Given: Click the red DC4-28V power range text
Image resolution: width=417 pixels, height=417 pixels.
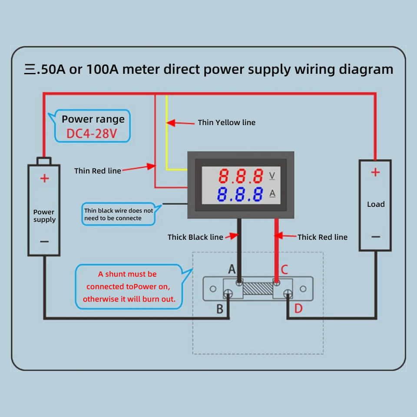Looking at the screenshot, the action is [x=92, y=133].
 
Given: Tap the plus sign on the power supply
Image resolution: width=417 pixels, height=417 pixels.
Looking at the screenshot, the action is [x=44, y=178].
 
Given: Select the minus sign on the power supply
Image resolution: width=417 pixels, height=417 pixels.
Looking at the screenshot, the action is [x=44, y=242].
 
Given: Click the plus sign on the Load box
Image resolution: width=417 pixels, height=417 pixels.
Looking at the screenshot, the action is [x=375, y=172].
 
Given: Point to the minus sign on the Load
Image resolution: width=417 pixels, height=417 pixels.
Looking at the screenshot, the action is [x=375, y=237].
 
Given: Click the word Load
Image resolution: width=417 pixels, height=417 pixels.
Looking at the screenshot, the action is [x=376, y=204].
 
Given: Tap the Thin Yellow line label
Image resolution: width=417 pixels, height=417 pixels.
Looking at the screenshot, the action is [x=227, y=122].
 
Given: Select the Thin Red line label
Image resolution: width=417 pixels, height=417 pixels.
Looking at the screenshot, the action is [x=98, y=171].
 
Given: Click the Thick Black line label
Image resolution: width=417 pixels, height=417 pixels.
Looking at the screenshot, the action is [x=195, y=237].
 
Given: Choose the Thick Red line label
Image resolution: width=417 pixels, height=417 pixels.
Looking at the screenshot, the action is [x=322, y=237].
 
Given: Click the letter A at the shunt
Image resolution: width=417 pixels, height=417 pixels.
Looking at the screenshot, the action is [x=232, y=269].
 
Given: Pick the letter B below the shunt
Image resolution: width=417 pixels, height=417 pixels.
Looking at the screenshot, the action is [x=220, y=309].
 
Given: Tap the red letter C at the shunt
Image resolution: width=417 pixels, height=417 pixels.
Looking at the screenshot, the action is [x=284, y=269].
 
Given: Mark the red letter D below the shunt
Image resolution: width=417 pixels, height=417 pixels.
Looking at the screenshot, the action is [x=298, y=308].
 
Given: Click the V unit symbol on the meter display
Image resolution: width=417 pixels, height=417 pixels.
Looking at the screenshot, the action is [x=272, y=175].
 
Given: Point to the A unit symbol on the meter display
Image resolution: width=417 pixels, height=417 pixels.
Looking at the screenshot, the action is [x=272, y=193].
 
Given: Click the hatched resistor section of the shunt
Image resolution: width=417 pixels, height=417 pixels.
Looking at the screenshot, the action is [x=258, y=288].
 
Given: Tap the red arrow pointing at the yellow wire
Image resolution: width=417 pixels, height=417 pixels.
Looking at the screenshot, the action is [x=180, y=123].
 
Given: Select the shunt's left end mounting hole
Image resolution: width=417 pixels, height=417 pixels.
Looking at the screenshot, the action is [x=213, y=289].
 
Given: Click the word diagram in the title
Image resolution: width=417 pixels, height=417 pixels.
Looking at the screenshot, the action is [x=366, y=69].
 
